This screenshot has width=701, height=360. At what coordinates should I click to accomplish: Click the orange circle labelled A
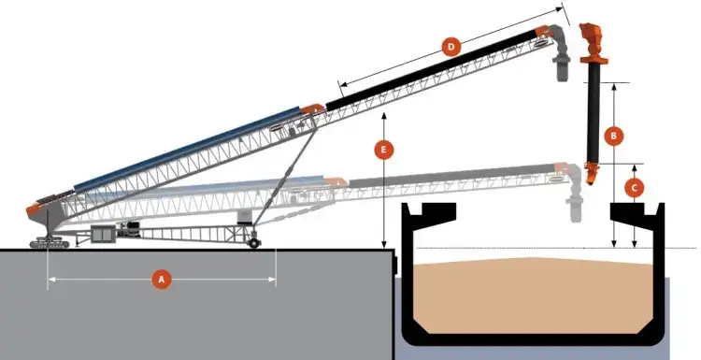click(x=162, y=279)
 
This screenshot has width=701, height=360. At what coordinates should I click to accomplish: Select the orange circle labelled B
click(x=613, y=135)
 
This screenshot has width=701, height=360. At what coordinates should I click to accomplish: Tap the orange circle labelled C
click(x=635, y=187)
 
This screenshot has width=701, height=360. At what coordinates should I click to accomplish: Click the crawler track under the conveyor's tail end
click(x=50, y=242)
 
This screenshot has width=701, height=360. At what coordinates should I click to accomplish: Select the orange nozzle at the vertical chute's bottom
click(x=592, y=170)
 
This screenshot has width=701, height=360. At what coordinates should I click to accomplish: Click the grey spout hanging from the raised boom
click(x=564, y=68)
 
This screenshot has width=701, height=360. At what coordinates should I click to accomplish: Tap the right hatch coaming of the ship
click(x=635, y=211)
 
